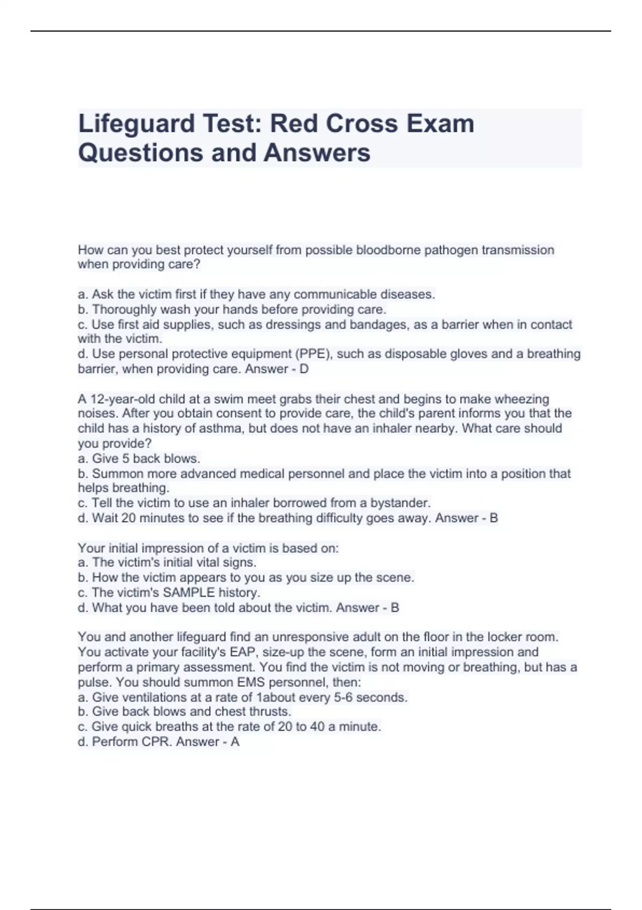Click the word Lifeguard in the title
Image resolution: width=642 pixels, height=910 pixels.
pos(136,124)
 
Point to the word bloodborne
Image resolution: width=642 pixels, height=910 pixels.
pos(388,250)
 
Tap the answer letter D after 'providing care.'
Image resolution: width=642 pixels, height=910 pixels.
pos(304,369)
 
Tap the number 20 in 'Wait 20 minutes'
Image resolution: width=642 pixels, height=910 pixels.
pos(129,518)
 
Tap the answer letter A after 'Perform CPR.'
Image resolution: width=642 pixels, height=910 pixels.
pos(235,742)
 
